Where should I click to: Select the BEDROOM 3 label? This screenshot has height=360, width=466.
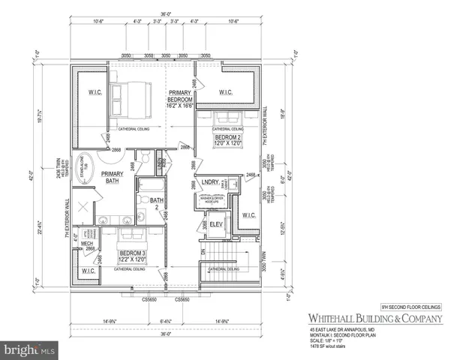[x=132, y=256]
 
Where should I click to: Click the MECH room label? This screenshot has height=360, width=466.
[x=87, y=244]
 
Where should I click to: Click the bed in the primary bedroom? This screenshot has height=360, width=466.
[x=125, y=95]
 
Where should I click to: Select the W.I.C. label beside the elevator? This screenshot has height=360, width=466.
[x=249, y=215]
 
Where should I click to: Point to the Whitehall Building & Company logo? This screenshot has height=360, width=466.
[x=373, y=318]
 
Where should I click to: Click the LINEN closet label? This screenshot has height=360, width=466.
[x=161, y=162]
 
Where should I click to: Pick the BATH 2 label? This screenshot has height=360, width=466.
[x=157, y=202]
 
